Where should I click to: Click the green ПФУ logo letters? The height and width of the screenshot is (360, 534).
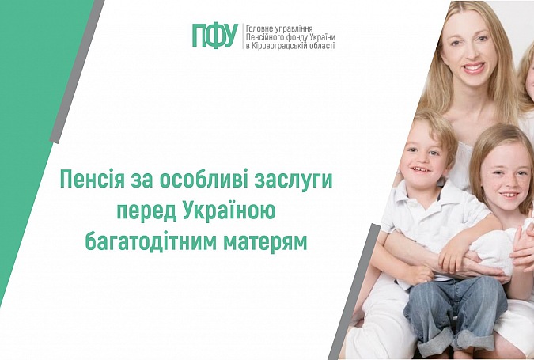(x=215, y=36)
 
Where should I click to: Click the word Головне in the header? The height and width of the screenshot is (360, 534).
(x=259, y=28)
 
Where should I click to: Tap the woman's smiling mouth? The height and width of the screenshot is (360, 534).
(x=474, y=66)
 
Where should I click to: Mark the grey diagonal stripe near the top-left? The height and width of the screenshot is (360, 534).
(x=77, y=71)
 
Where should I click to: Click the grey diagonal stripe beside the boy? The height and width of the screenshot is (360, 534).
(x=354, y=291)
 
